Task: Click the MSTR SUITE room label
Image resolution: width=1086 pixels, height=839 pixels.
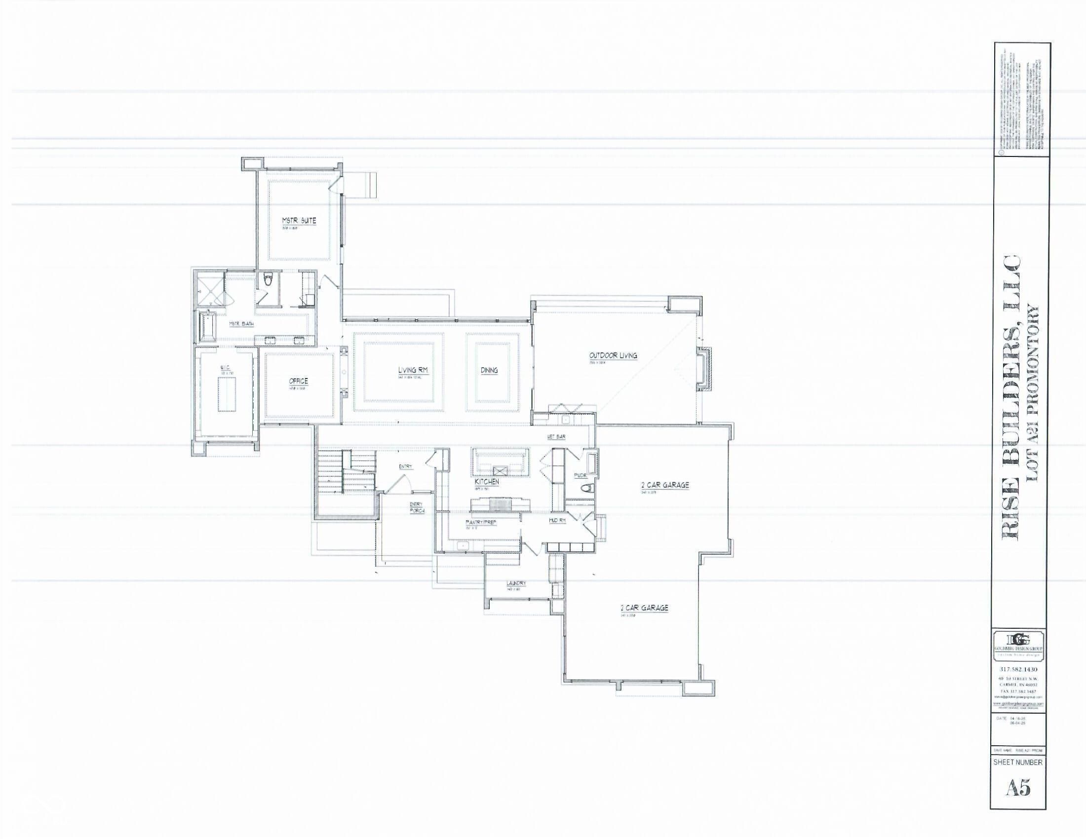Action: click(299, 221)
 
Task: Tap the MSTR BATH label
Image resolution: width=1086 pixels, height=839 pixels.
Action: click(241, 324)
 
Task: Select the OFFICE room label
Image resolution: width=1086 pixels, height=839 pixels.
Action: click(298, 381)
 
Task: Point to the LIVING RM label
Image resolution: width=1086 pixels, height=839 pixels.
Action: click(413, 370)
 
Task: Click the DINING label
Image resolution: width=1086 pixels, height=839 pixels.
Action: click(489, 370)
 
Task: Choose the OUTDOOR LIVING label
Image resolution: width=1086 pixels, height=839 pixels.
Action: click(613, 355)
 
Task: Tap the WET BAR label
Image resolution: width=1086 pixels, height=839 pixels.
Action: click(556, 436)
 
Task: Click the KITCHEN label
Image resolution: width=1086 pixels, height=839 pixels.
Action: click(487, 482)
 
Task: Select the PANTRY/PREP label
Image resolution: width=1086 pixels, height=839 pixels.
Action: click(481, 522)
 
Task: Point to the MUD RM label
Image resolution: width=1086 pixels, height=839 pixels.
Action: click(557, 520)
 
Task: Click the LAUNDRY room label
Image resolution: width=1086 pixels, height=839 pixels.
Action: click(516, 583)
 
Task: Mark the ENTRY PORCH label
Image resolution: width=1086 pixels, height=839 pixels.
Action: click(417, 507)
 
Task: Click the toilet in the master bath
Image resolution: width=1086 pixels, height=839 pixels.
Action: click(268, 281)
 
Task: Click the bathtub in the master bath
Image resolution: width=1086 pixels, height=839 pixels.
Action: click(206, 327)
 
